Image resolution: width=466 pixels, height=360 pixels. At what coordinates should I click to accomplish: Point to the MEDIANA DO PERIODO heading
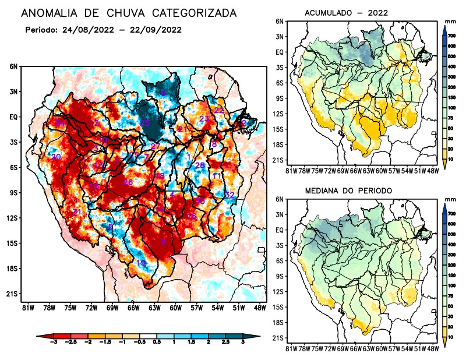coord(348,190)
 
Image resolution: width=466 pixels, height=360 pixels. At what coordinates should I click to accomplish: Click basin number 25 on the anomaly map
coord(145,123)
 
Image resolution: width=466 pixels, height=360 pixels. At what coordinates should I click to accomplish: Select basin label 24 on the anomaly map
coord(60,123)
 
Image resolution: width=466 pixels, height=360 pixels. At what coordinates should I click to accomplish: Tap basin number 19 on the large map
coord(141,263)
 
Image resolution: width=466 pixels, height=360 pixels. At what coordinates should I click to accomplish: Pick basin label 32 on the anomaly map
coord(230,195)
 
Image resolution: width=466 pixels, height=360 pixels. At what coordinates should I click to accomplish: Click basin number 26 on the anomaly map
coord(128,182)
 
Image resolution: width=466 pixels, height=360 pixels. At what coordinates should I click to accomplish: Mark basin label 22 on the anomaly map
coord(219,110)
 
